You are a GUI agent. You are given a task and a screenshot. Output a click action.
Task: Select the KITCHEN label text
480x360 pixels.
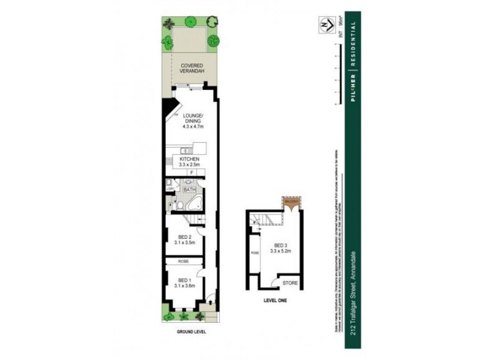coord(189,158)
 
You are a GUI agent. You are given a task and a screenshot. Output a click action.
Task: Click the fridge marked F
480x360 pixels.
coord(192,173)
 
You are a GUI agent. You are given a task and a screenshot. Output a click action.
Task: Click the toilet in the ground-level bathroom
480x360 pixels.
coord(180,206)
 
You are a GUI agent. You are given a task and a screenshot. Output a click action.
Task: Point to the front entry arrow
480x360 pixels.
coord(208,299)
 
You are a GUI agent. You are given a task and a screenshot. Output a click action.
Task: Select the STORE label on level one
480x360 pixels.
coord(290,281)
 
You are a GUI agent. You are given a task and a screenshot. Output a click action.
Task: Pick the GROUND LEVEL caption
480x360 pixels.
coord(190,331)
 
